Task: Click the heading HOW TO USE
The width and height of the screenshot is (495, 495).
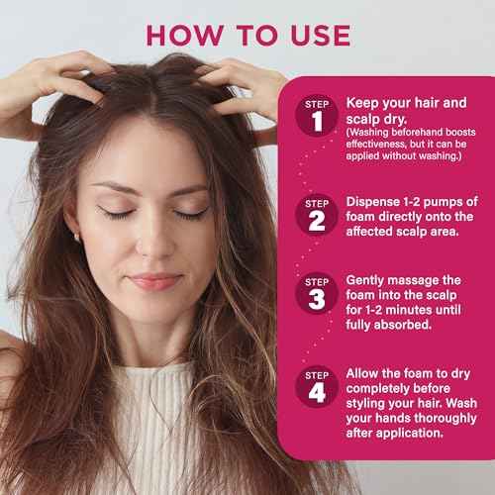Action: pos(247,34)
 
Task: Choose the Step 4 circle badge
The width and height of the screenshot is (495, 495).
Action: pos(317,386)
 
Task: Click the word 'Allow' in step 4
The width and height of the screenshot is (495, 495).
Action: pos(364,372)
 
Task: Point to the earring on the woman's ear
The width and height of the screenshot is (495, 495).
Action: pos(75,237)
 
